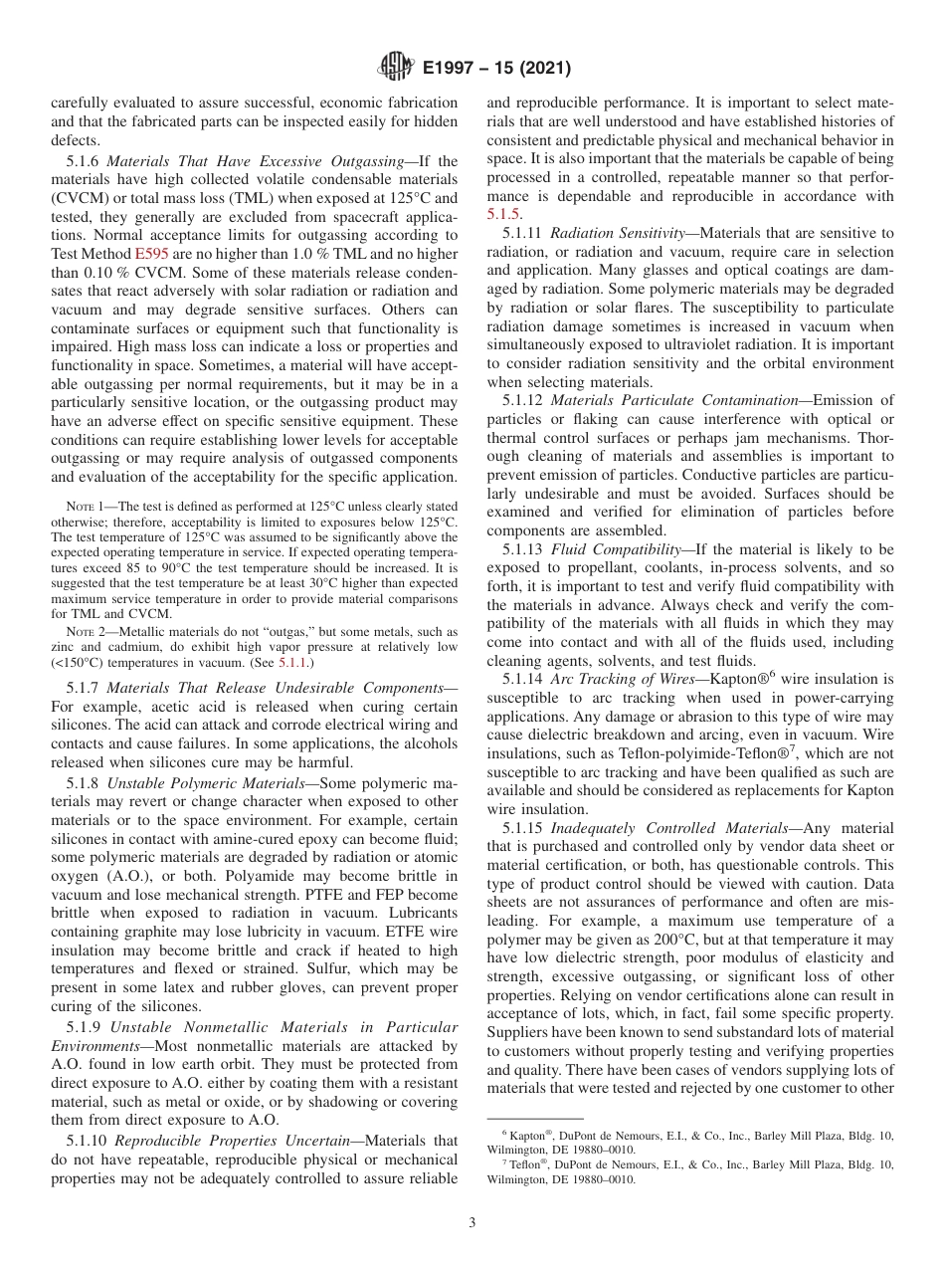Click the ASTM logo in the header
395,69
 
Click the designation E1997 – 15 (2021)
496,69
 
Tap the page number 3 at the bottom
472,1223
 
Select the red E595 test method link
150,254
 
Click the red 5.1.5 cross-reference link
503,214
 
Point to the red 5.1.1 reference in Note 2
293,662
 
